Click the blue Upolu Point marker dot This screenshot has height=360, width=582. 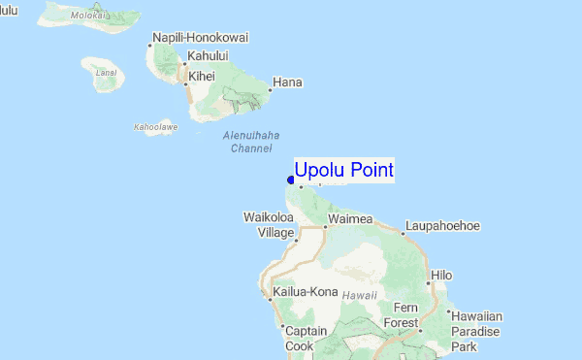point(291,179)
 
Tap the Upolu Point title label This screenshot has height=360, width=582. point(344,170)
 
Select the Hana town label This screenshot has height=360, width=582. point(288,82)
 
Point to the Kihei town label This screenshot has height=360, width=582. point(202,75)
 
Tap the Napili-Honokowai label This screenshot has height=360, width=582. point(201,38)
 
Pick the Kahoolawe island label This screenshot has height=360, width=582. point(155,127)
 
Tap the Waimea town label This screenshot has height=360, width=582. point(350,219)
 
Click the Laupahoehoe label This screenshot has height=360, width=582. point(441,226)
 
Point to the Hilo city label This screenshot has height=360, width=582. point(441,276)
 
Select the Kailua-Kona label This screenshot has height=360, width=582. point(305,291)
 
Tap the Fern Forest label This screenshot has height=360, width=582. point(400,315)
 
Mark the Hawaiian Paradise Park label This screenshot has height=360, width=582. point(474,331)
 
